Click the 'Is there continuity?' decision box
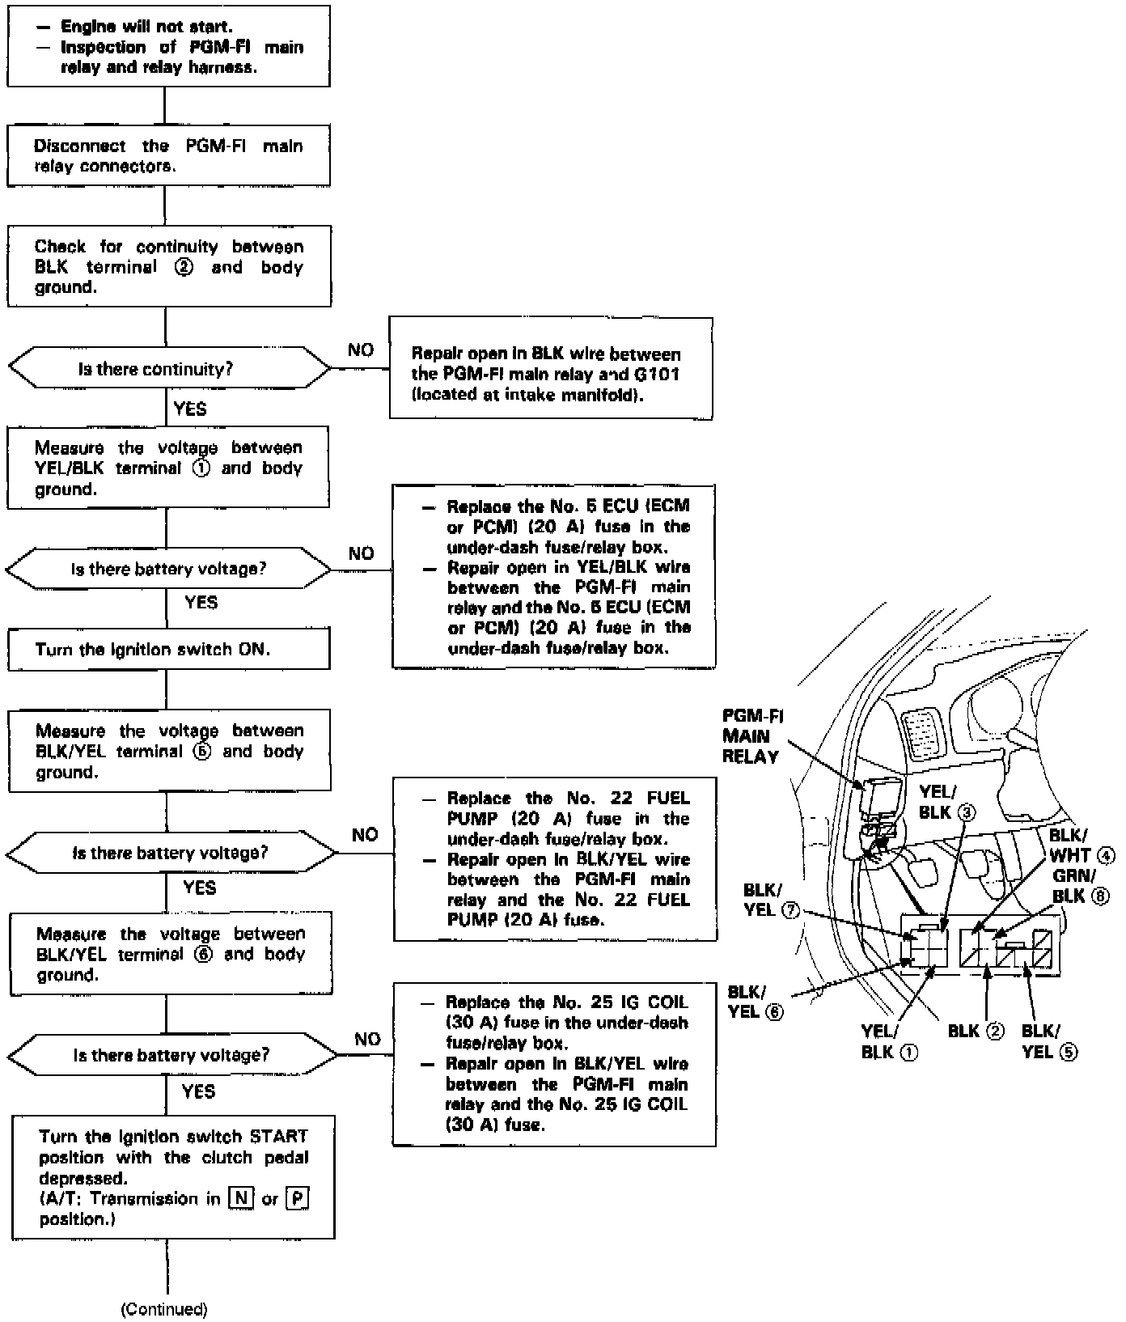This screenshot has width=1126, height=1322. [169, 369]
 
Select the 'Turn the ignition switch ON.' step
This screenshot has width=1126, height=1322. [168, 649]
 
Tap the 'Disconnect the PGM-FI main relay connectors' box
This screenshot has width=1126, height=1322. [168, 156]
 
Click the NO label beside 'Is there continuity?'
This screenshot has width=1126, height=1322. [361, 350]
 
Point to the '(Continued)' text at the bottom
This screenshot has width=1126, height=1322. [164, 1309]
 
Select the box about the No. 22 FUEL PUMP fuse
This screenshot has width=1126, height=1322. [555, 859]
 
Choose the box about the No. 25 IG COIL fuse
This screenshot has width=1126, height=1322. [554, 1064]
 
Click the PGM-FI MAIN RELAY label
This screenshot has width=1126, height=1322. [751, 736]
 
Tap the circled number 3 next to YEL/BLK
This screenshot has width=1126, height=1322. [967, 812]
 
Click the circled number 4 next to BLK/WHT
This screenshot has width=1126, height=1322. [1106, 855]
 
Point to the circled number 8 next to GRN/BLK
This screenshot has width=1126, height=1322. [1099, 896]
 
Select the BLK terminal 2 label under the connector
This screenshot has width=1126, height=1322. [976, 1031]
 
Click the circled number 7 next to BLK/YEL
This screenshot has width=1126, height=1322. [791, 910]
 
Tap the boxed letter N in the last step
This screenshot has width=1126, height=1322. [241, 1197]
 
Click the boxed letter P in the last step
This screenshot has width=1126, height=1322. [298, 1197]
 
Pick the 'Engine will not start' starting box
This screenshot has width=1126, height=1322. [168, 46]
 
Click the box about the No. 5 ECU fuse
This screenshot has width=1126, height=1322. [554, 576]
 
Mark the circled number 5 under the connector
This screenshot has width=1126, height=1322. [1069, 1052]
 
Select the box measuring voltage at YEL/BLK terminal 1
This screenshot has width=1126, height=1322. [168, 468]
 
